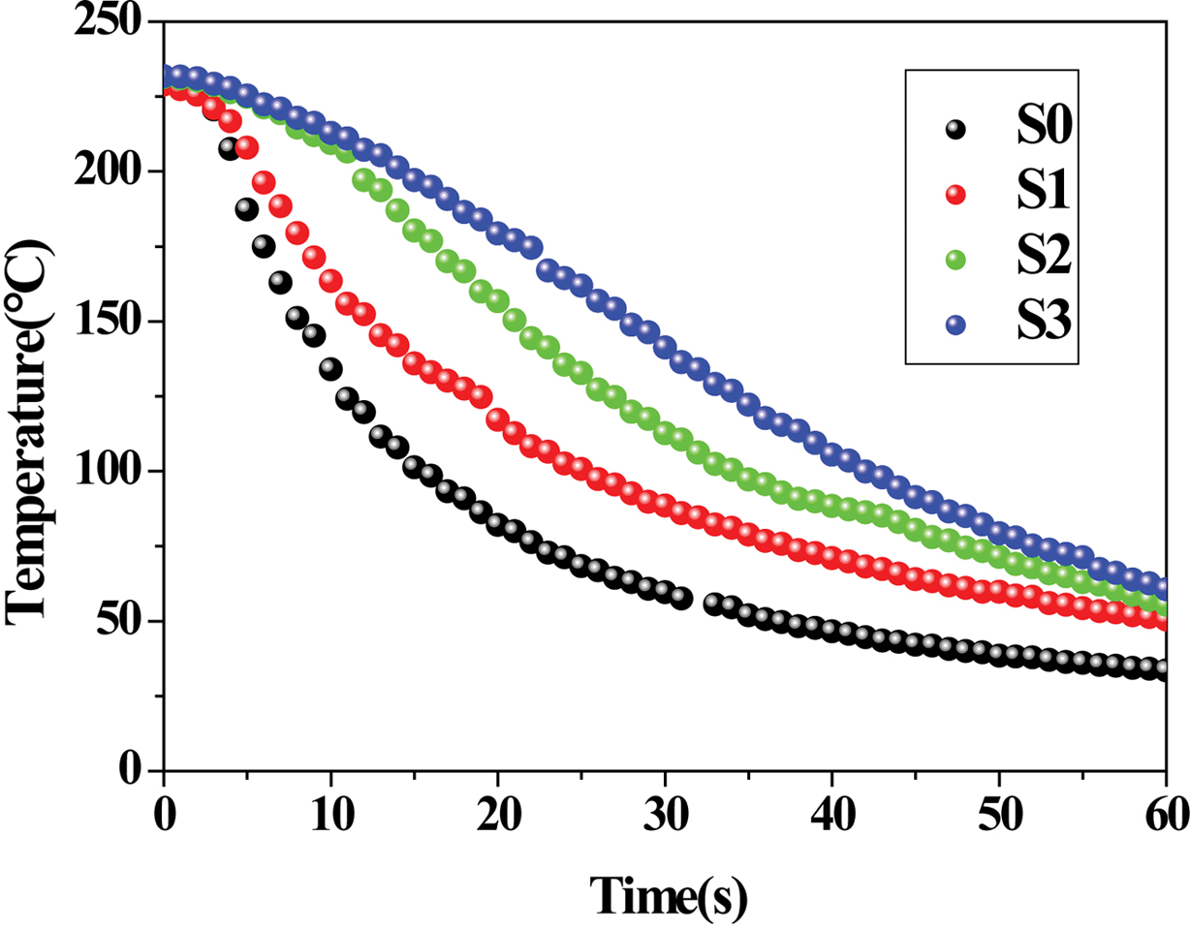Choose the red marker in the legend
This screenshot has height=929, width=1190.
[957, 194]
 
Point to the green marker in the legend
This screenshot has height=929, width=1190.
[957, 259]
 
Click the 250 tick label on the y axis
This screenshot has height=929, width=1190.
[108, 22]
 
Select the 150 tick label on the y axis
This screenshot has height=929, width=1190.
[108, 322]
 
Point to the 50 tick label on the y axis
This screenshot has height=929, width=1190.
[120, 621]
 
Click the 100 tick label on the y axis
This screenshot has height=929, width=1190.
[108, 472]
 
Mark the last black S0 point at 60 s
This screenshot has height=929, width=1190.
[1164, 669]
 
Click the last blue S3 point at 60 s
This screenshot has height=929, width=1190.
[1164, 587]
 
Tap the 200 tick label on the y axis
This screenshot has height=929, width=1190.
[108, 172]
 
